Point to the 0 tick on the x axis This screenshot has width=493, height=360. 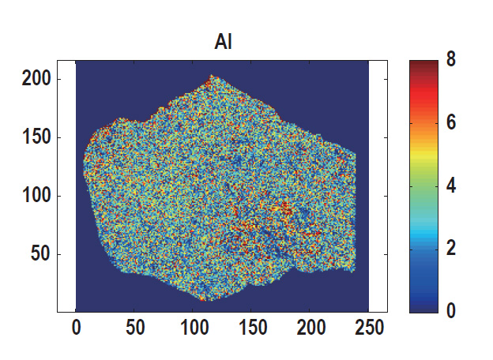76,327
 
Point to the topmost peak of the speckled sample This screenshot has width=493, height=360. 211,77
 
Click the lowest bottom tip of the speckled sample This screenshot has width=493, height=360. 202,300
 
